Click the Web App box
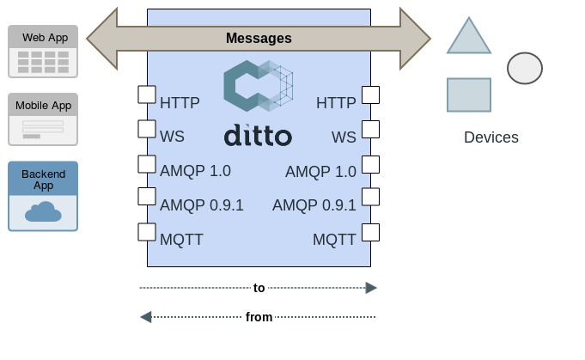pyautogui.click(x=43, y=50)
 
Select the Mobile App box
pyautogui.click(x=43, y=119)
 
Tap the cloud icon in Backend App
pyautogui.click(x=43, y=211)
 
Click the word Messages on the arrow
pyautogui.click(x=259, y=39)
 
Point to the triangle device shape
pyautogui.click(x=469, y=37)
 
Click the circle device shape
pyautogui.click(x=525, y=68)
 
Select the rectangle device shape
pyautogui.click(x=469, y=95)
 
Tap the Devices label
pyautogui.click(x=491, y=137)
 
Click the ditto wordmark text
pyautogui.click(x=258, y=136)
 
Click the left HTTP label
pyautogui.click(x=180, y=103)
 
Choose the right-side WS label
pyautogui.click(x=344, y=137)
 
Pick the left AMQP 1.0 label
pyautogui.click(x=195, y=171)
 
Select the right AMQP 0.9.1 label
pyautogui.click(x=314, y=205)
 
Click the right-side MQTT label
pyautogui.click(x=334, y=240)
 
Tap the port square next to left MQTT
pyautogui.click(x=147, y=232)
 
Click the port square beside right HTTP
pyautogui.click(x=370, y=95)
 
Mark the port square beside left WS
pyautogui.click(x=147, y=129)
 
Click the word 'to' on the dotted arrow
pyautogui.click(x=259, y=288)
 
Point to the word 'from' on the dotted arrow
pyautogui.click(x=259, y=317)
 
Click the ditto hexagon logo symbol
pyautogui.click(x=258, y=86)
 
